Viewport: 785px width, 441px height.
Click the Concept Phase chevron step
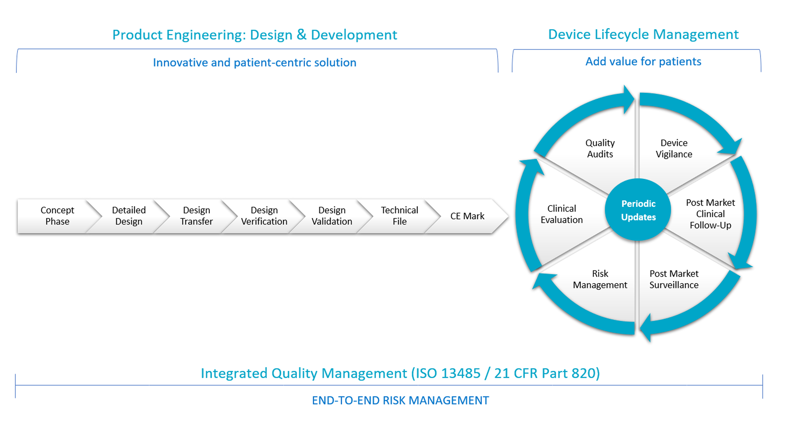[57, 216]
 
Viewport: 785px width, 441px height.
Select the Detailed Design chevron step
[129, 216]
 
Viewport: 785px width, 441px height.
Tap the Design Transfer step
[196, 216]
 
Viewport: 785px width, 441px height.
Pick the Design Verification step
[264, 216]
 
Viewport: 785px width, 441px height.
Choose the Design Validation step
[332, 216]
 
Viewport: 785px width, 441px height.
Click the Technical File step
[399, 216]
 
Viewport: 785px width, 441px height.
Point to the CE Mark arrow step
[467, 216]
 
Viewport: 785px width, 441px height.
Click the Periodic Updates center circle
[638, 210]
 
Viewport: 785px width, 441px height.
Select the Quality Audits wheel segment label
[600, 149]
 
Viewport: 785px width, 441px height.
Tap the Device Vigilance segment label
[674, 149]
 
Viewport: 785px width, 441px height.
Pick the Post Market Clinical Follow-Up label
[710, 214]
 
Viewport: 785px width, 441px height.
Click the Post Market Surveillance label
[674, 279]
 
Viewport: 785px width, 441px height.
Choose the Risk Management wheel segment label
[600, 279]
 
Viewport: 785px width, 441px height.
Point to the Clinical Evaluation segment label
[561, 214]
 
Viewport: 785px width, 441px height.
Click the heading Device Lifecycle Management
[643, 34]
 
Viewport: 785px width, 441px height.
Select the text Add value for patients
[643, 62]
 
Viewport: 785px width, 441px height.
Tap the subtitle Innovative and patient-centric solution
[254, 62]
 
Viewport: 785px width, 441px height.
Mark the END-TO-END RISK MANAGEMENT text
[400, 400]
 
